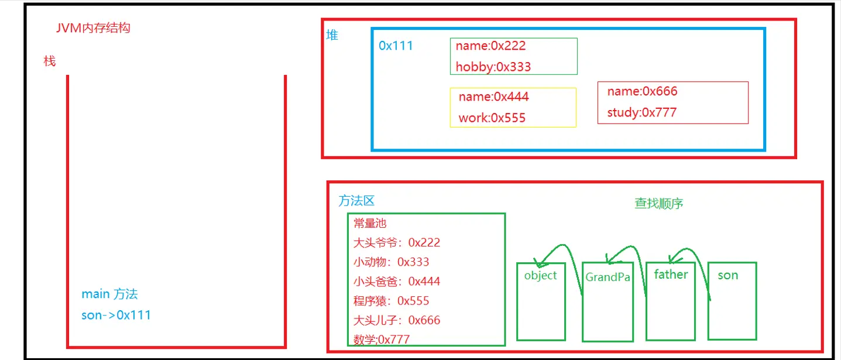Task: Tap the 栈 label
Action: tap(50, 61)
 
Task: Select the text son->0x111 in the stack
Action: tap(116, 315)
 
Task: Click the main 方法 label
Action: tap(110, 294)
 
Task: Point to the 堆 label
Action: tap(332, 35)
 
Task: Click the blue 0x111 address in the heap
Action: tap(396, 46)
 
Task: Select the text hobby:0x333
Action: tap(493, 67)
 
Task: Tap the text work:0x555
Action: tap(492, 118)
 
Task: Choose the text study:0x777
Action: tap(642, 112)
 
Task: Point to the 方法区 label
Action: tap(356, 201)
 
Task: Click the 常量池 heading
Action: tap(370, 223)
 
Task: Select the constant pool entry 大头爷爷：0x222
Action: tap(397, 242)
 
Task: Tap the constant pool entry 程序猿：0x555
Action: tap(392, 301)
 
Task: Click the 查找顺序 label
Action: tap(659, 203)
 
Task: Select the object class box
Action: tap(541, 301)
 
